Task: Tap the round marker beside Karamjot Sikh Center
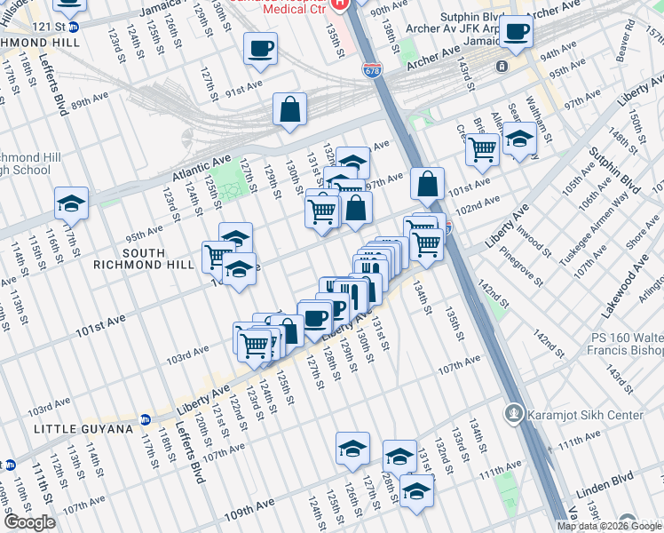pyautogui.click(x=513, y=414)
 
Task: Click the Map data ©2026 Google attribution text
pyautogui.click(x=609, y=526)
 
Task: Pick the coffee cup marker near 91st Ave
pyautogui.click(x=260, y=49)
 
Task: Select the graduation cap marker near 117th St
pyautogui.click(x=71, y=204)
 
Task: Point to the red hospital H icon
pyautogui.click(x=338, y=4)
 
